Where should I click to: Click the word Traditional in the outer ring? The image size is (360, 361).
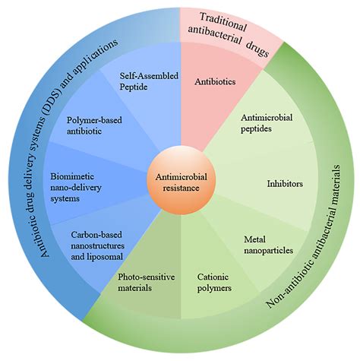[x=225, y=19]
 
